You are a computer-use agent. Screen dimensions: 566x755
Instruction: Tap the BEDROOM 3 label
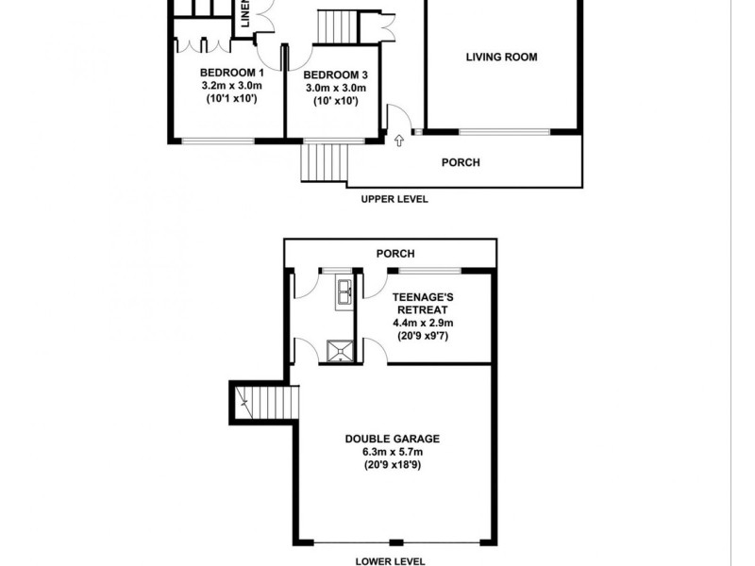[330, 75]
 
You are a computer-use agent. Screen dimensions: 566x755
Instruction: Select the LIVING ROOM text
[501, 57]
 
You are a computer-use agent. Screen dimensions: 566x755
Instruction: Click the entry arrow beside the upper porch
[398, 141]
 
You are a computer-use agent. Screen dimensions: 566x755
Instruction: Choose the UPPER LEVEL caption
[394, 199]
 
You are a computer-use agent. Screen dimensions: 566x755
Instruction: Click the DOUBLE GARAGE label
[392, 439]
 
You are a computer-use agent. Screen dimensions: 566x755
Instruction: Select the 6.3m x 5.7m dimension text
[392, 452]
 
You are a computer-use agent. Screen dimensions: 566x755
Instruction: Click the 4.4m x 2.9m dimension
[420, 322]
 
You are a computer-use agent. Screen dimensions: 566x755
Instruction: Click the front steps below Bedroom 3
[323, 161]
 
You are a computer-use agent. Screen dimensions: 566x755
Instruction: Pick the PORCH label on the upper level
[461, 162]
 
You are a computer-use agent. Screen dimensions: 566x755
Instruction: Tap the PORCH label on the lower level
[395, 254]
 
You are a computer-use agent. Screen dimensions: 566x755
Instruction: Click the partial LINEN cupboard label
[243, 15]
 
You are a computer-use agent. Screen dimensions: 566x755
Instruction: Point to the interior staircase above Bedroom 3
[337, 24]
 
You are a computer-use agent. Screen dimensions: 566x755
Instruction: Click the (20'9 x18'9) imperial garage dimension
[392, 465]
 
